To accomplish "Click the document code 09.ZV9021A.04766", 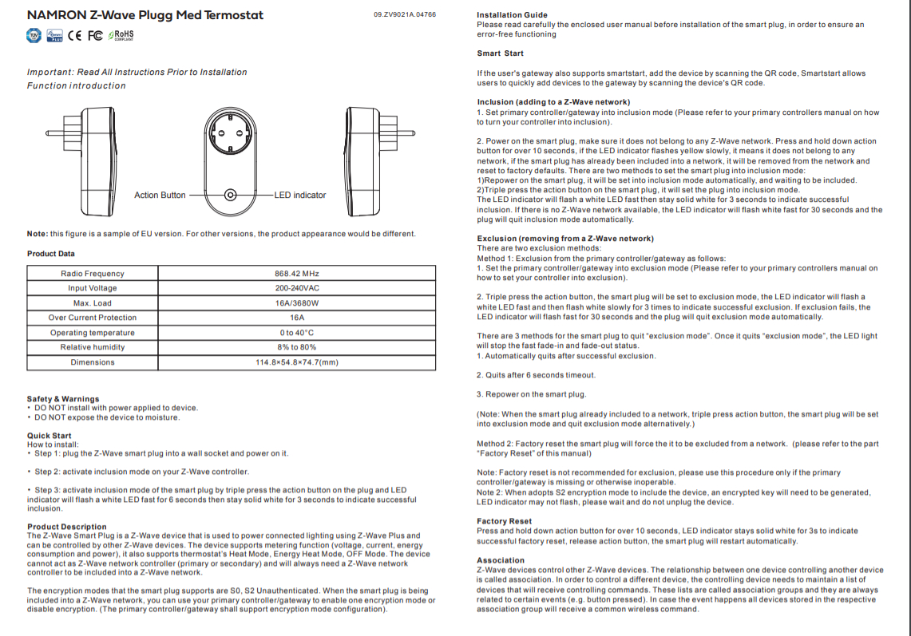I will tap(405, 15).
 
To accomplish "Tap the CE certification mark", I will tap(75, 35).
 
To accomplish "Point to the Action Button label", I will tap(160, 195).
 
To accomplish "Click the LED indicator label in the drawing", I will tap(299, 195).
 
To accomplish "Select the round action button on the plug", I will tap(231, 195).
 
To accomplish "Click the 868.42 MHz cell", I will tap(297, 274).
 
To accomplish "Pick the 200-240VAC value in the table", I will tap(297, 288).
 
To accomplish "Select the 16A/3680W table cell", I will tap(297, 303).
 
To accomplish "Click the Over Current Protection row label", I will tap(93, 318).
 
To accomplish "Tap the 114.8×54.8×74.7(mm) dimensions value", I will tap(297, 362).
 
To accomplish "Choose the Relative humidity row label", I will tap(93, 347).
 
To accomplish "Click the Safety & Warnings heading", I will tap(63, 399).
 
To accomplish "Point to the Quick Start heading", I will tap(50, 436).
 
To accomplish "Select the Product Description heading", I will tap(67, 527).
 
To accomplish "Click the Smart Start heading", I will tap(501, 53).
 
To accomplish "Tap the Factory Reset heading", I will tap(504, 521).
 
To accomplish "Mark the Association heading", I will tap(501, 560).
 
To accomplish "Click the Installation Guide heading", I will tap(512, 15).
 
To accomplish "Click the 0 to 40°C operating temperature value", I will tap(297, 333).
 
